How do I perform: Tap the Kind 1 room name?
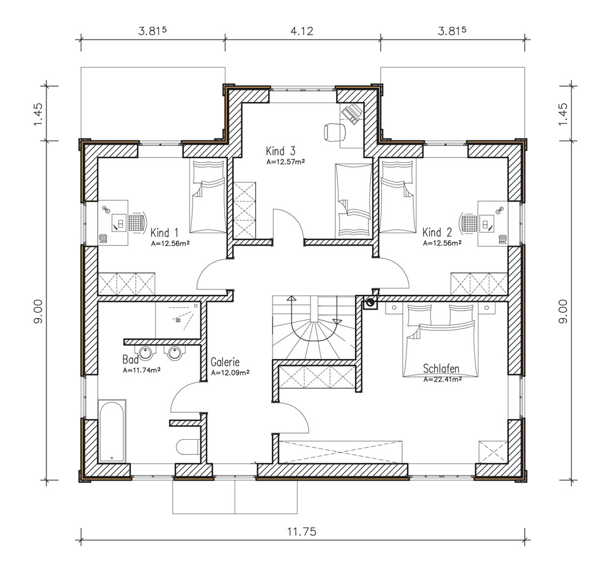coord(164,233)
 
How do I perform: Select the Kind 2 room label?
coord(437,233)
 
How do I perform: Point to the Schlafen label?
coord(441,368)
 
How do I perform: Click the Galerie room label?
coord(225,362)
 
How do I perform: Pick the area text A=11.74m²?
coord(142,371)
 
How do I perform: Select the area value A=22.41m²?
coord(442,379)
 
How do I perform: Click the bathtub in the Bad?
coord(112,431)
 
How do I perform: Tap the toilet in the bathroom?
coord(188,447)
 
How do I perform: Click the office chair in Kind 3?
coord(335,132)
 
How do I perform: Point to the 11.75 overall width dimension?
coord(302,531)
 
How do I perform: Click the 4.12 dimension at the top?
coord(302,31)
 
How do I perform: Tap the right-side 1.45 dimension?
coord(563,114)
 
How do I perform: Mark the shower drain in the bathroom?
coord(178,320)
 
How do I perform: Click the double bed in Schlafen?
coord(441,341)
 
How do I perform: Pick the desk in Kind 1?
coord(113,223)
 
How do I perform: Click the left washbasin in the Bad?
coord(146,353)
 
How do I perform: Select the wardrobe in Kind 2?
coord(479,283)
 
